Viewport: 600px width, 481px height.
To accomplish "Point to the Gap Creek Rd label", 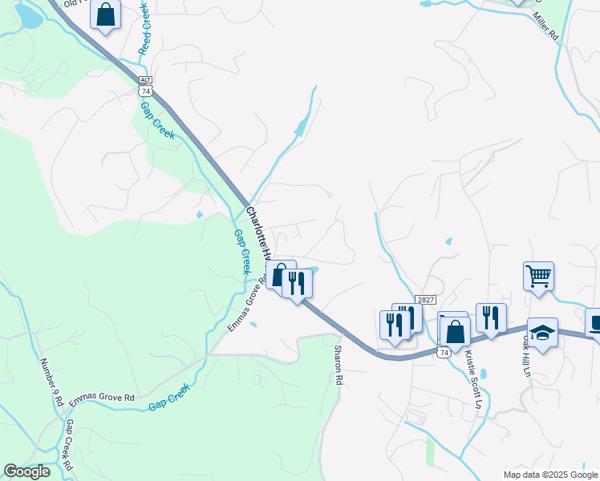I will (x=69, y=445).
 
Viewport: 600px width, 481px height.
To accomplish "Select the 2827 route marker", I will (x=425, y=299).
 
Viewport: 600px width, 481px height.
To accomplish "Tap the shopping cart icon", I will (x=539, y=276).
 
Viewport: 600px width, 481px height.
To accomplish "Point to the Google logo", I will (x=26, y=471).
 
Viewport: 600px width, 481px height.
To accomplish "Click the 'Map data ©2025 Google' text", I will (x=549, y=475).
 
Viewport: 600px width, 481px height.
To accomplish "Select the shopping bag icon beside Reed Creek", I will (x=105, y=14).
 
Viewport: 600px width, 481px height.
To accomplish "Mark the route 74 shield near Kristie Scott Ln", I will (x=444, y=352).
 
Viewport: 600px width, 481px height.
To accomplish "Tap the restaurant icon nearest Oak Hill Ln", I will (x=491, y=317).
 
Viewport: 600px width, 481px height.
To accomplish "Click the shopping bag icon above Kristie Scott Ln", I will (x=455, y=330).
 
